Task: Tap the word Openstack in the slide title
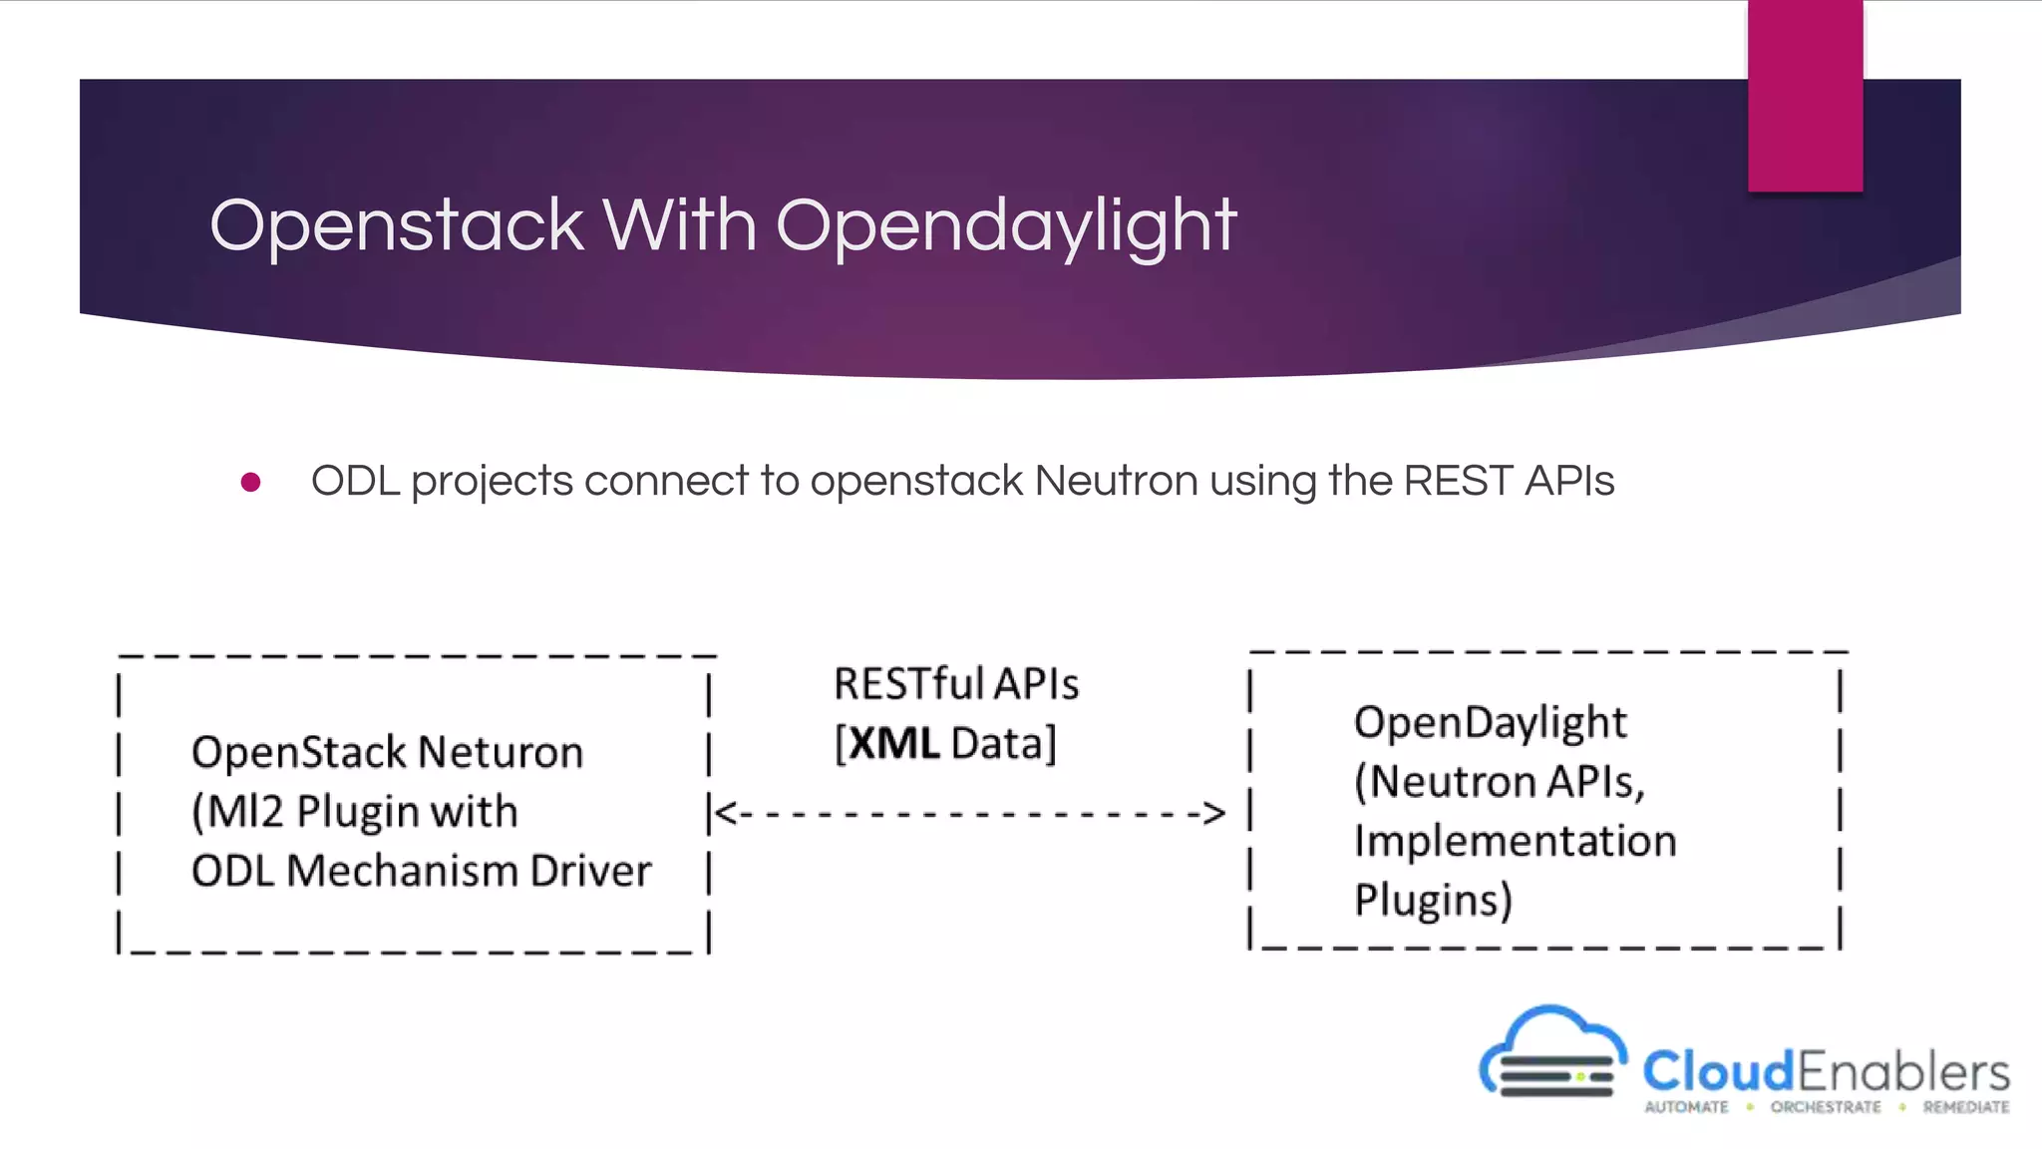(396, 225)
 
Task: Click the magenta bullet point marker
(251, 483)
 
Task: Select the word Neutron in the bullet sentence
(1116, 481)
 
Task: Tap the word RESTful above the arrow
(909, 684)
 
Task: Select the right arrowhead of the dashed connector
(1213, 813)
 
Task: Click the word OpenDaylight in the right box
(1490, 722)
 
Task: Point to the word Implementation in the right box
(1515, 841)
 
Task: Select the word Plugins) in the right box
(1433, 900)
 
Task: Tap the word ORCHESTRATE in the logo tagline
(1826, 1107)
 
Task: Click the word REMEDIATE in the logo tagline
(1965, 1107)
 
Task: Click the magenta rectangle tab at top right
(1805, 96)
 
